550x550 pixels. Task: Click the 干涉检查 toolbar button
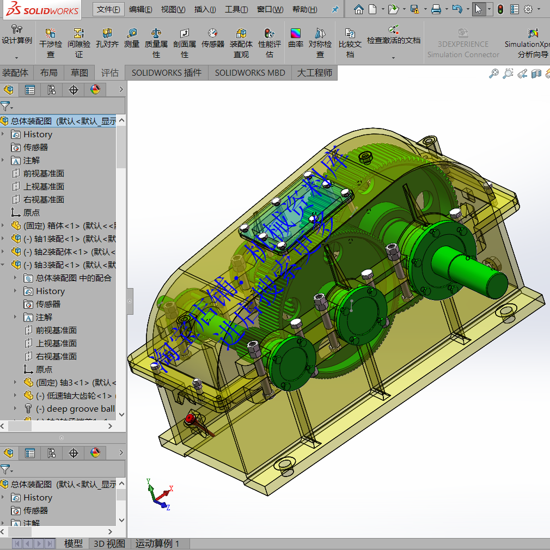pyautogui.click(x=51, y=43)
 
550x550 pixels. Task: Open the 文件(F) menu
pyautogui.click(x=108, y=9)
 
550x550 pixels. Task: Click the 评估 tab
pyautogui.click(x=109, y=72)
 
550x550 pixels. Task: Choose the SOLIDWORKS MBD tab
pyautogui.click(x=249, y=72)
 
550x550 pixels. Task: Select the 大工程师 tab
pyautogui.click(x=314, y=72)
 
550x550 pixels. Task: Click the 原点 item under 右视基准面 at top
pyautogui.click(x=31, y=212)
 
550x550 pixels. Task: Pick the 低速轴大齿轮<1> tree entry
pyautogui.click(x=74, y=395)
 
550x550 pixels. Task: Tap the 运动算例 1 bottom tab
pyautogui.click(x=157, y=543)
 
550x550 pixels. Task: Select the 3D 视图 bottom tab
pyautogui.click(x=109, y=543)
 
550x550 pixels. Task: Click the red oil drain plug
pyautogui.click(x=190, y=419)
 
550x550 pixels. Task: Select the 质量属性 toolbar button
pyautogui.click(x=156, y=43)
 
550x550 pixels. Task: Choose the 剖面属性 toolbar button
pyautogui.click(x=185, y=43)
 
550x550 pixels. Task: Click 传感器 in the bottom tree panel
pyautogui.click(x=35, y=510)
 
